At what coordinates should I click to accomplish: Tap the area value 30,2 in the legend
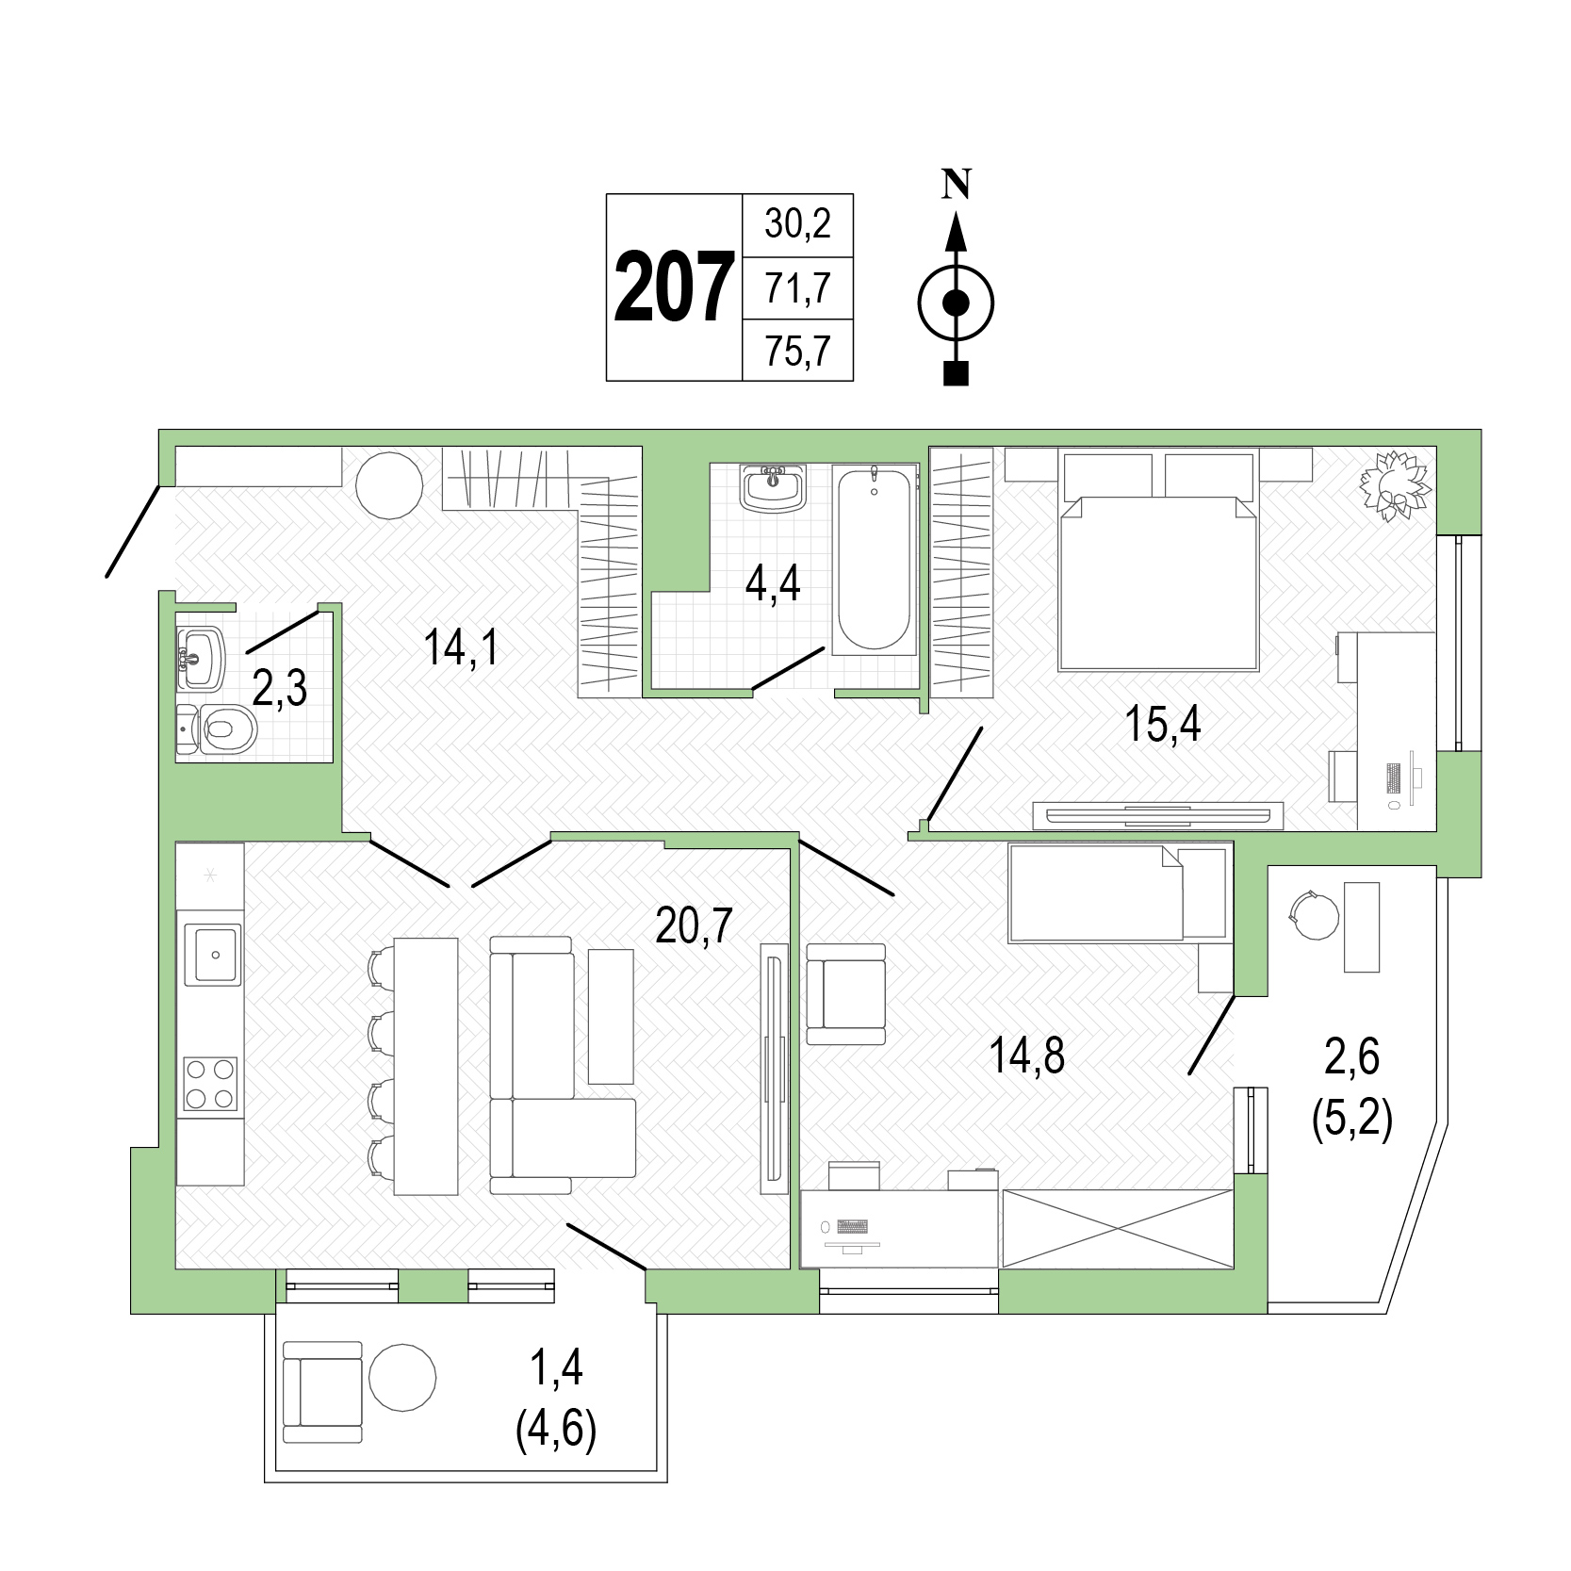797,225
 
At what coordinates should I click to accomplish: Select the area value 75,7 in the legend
797,352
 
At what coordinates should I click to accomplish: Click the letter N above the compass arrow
957,184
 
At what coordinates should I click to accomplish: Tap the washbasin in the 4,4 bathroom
773,486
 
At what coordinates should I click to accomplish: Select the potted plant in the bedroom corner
1395,485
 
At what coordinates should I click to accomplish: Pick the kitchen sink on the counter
212,955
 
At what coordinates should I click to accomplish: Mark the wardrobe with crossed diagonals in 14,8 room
1118,1229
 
